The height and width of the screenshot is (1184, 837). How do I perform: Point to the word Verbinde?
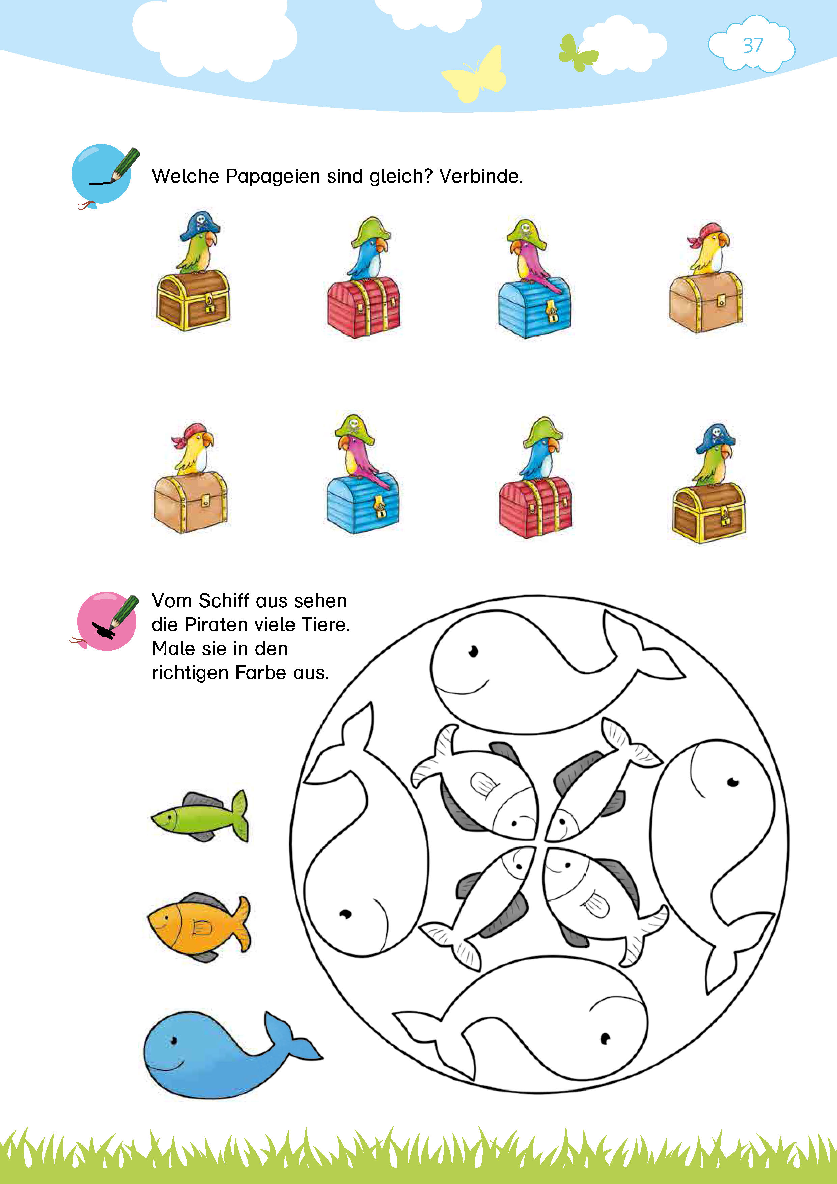coord(480,177)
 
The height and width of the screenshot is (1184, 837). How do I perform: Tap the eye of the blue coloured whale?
coord(174,1041)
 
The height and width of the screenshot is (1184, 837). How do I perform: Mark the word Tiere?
coord(326,625)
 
